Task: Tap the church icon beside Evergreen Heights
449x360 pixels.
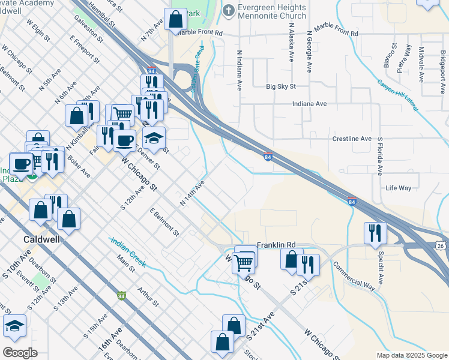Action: tap(228, 10)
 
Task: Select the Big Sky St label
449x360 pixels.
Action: tap(282, 86)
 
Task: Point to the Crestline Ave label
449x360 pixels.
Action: tap(352, 139)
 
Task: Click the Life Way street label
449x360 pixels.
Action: tap(399, 188)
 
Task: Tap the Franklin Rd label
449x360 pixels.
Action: tap(277, 245)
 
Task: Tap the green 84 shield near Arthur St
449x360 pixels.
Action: tap(122, 295)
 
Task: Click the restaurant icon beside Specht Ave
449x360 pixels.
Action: tap(375, 233)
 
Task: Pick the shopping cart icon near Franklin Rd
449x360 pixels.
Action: tap(243, 261)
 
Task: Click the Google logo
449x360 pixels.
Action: tap(20, 352)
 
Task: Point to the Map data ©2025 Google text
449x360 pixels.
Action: tap(411, 355)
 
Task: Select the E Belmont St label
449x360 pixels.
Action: tap(164, 221)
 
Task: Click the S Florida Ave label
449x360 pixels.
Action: tap(379, 155)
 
